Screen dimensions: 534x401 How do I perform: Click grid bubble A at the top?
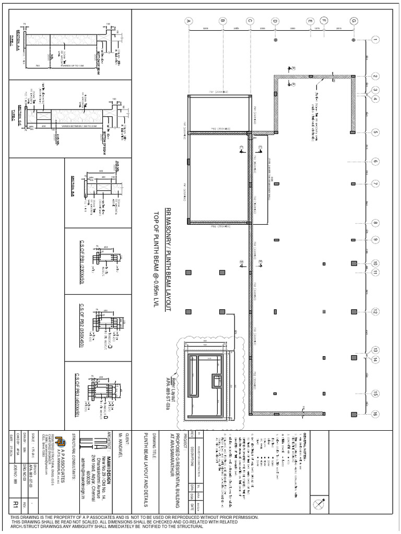(x=189, y=21)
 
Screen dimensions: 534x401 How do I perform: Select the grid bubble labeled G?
(x=354, y=21)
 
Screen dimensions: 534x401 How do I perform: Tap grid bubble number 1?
(x=375, y=40)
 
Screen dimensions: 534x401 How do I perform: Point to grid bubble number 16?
(x=375, y=414)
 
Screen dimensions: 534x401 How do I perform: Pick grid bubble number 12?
(x=375, y=312)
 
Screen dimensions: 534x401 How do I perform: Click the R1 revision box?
(x=16, y=504)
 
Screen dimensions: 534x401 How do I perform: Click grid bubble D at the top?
(x=275, y=21)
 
